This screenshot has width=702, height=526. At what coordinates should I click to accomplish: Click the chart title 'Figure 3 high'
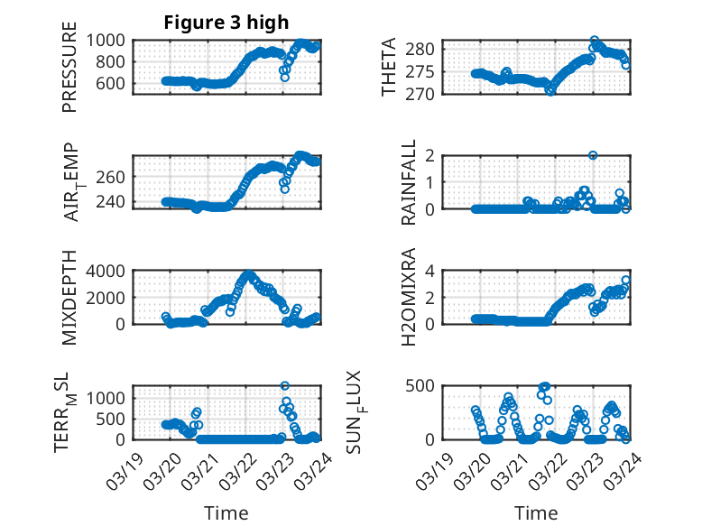click(x=226, y=23)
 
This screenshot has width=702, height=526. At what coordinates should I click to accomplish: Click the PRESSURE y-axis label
click(x=69, y=68)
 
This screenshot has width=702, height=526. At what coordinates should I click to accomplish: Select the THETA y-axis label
click(x=389, y=68)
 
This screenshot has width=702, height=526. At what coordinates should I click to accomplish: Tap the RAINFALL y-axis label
click(x=409, y=182)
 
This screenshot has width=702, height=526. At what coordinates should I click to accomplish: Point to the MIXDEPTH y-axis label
click(x=69, y=299)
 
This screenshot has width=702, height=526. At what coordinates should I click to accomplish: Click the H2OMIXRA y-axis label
click(x=409, y=297)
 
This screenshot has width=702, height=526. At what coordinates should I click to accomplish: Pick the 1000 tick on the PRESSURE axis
click(x=109, y=41)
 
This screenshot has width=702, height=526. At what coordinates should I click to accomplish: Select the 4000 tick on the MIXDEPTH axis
click(x=109, y=271)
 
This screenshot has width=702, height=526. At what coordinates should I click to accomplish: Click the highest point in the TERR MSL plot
click(x=285, y=386)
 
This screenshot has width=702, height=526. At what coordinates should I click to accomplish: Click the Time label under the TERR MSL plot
click(x=226, y=512)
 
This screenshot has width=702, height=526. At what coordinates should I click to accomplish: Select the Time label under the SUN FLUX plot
click(x=536, y=512)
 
